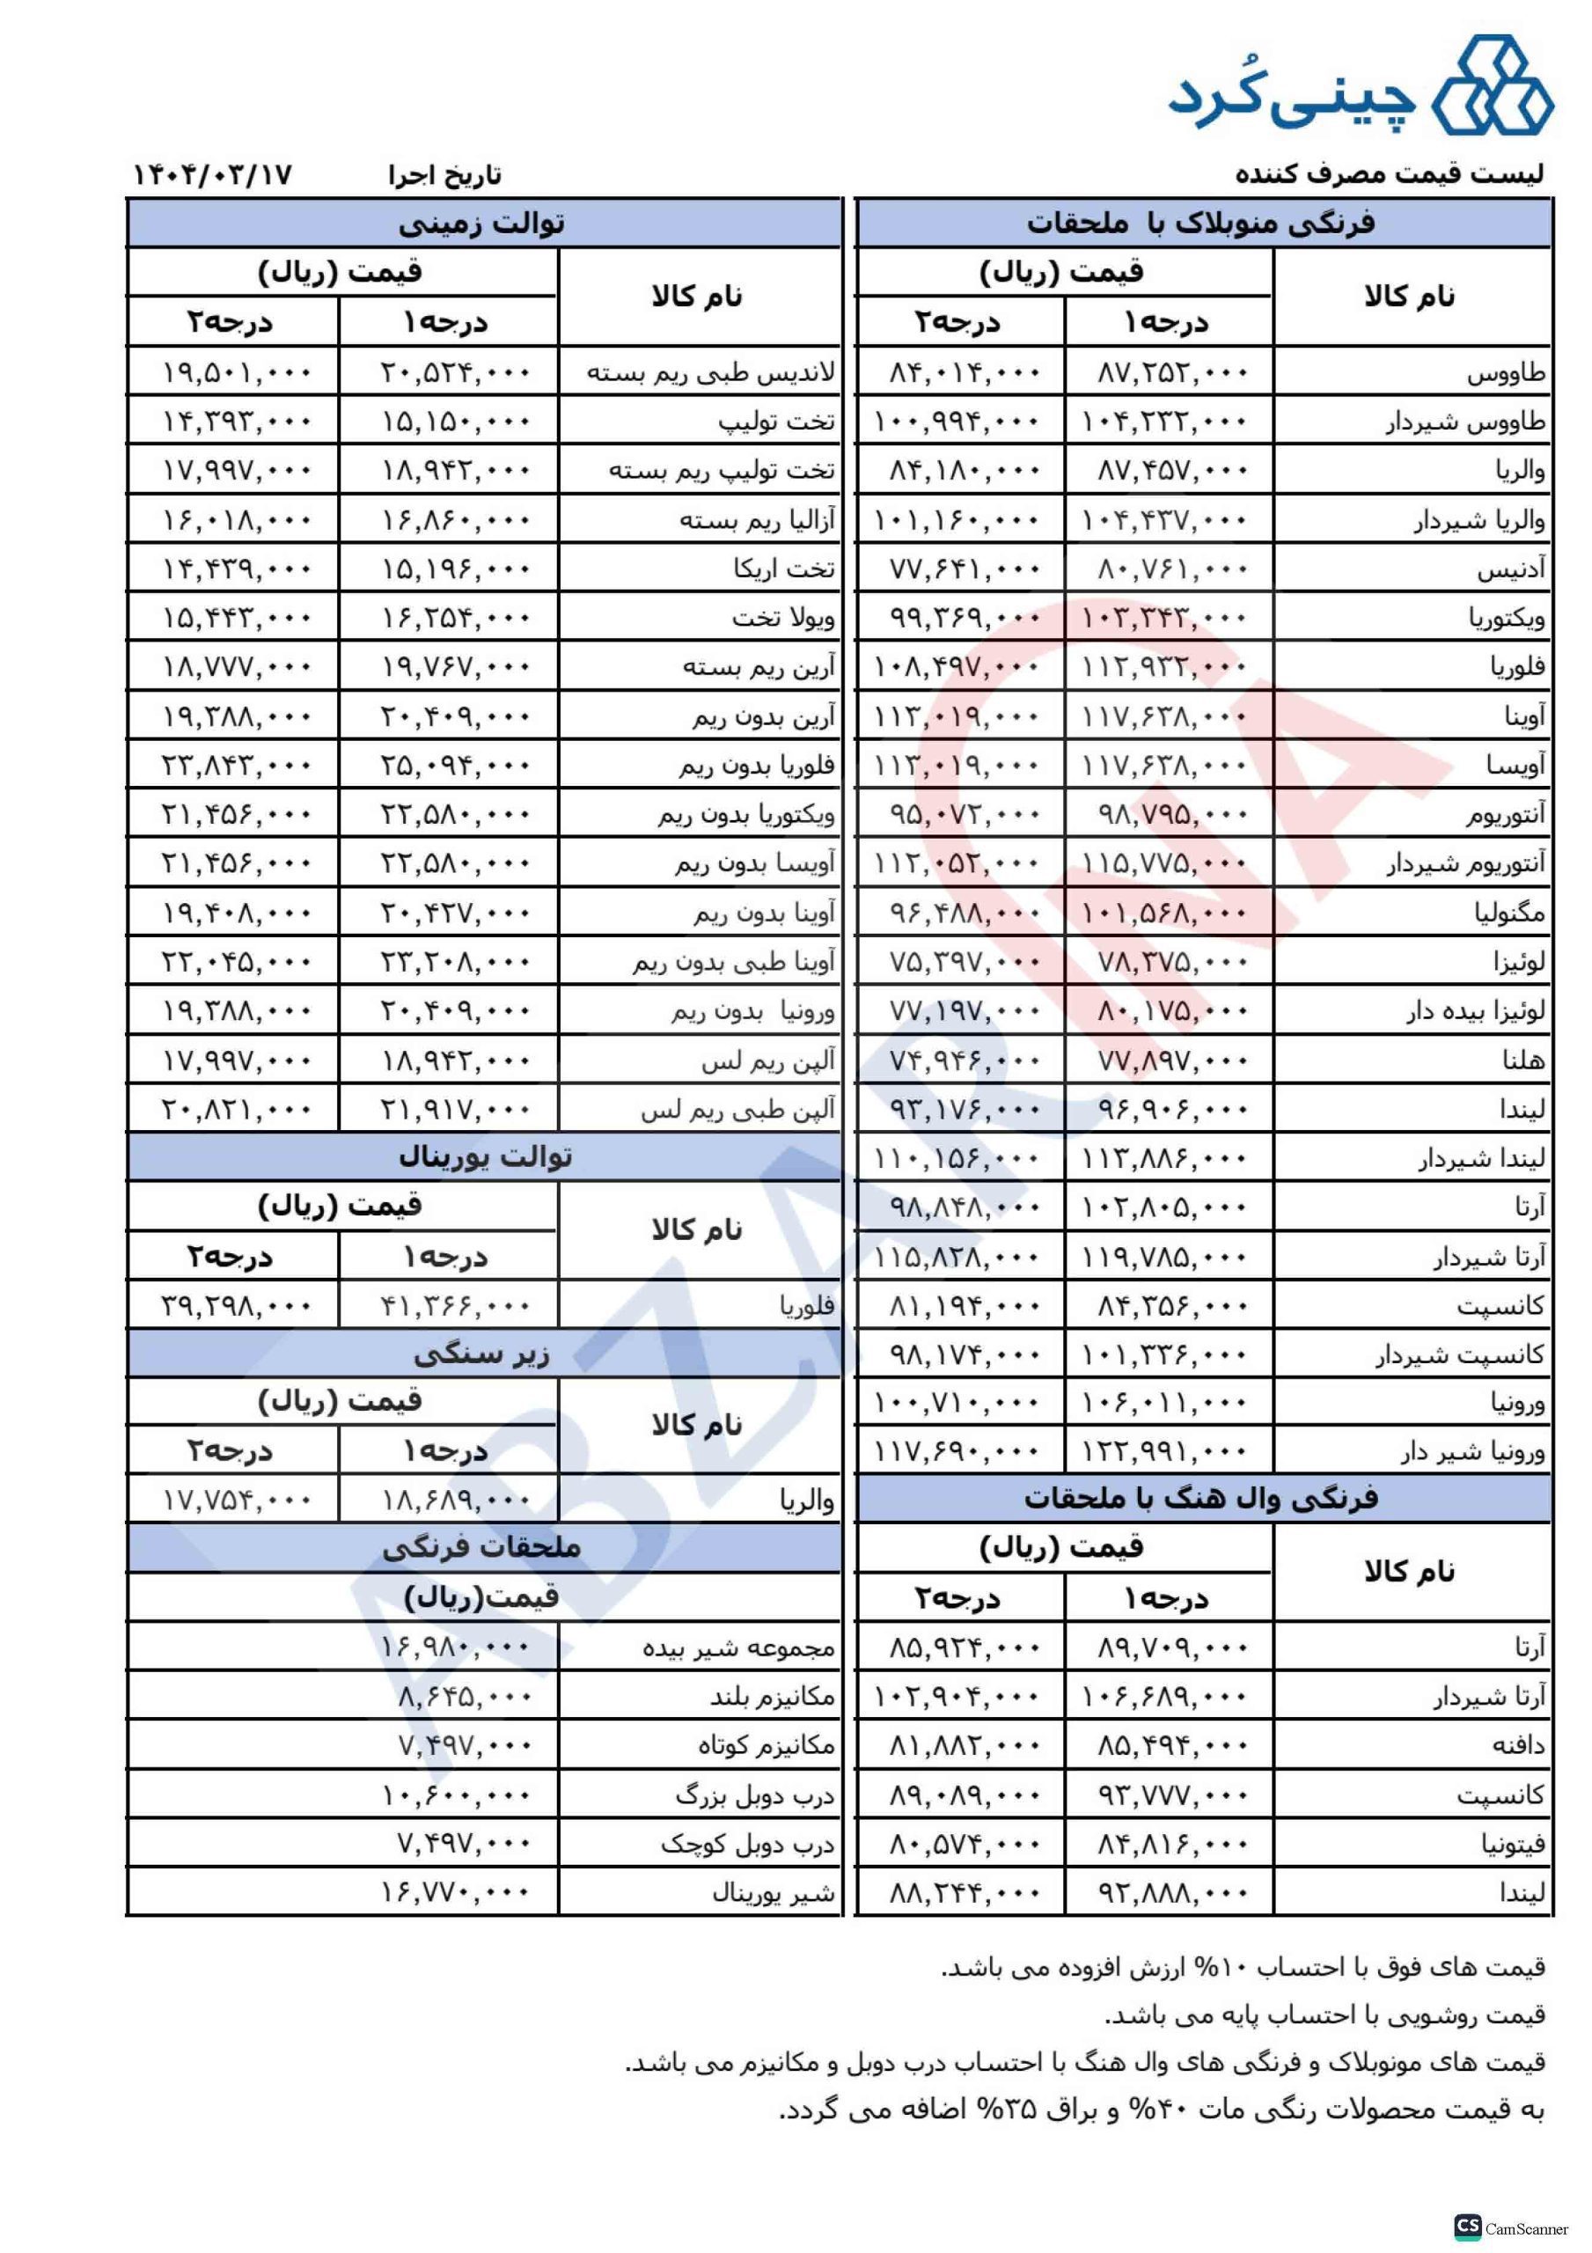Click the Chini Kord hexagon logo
[x=1492, y=86]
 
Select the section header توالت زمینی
[x=482, y=224]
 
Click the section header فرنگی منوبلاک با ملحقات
[x=1200, y=224]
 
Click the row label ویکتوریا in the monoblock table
[x=1507, y=618]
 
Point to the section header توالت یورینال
[x=485, y=1158]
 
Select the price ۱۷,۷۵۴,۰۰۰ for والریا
[x=236, y=1501]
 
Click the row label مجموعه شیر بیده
[x=738, y=1648]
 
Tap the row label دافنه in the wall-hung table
[x=1517, y=1746]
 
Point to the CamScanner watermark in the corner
[x=1515, y=2227]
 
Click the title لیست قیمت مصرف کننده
[x=1389, y=174]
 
